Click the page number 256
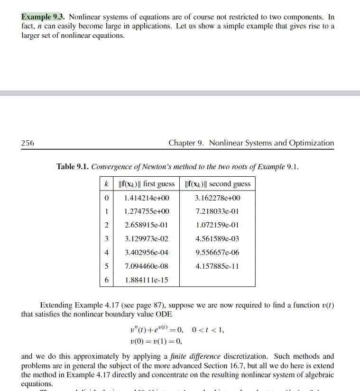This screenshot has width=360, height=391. point(28,143)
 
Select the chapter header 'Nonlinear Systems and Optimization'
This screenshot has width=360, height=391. point(271,143)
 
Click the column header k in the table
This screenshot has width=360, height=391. point(107,184)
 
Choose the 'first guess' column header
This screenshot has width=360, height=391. point(146,184)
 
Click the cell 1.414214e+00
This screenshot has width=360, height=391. point(146,198)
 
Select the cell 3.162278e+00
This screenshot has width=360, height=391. point(218,198)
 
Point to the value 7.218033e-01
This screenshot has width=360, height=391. point(218,211)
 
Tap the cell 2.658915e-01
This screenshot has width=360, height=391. point(146,225)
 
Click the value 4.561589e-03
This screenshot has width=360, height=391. point(218,239)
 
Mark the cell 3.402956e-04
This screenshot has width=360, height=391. point(146,253)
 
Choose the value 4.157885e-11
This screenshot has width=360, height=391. point(218,266)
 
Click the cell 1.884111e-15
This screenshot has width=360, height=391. point(146,280)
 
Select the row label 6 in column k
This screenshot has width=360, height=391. point(107,280)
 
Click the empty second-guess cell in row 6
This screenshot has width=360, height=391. point(218,280)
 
